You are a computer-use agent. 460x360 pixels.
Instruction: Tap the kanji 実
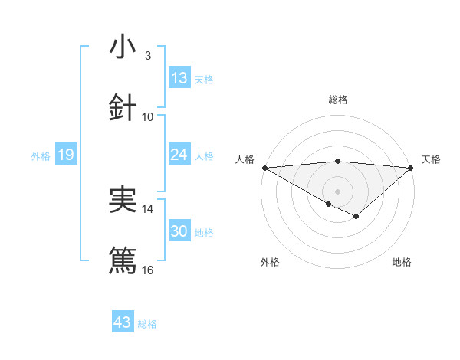pos(123,200)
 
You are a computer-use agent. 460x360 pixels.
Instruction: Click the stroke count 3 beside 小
pos(148,55)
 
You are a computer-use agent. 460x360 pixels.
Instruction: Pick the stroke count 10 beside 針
pos(148,116)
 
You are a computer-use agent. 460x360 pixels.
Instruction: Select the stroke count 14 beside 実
pos(148,208)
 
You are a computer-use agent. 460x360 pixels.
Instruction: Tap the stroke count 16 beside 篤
pos(148,270)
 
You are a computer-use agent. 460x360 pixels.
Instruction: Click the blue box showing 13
pos(179,77)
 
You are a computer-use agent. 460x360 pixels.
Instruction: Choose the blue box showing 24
pos(179,155)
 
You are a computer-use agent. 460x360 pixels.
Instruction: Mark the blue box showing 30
pos(179,231)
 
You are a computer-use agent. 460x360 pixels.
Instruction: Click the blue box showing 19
pos(65,155)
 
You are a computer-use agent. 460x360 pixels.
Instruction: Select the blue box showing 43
pos(123,322)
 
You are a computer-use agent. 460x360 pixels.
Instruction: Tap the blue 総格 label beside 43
pos(147,324)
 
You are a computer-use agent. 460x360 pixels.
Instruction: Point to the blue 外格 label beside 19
pos(41,155)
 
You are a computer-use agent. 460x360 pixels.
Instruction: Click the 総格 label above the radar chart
pos(338,100)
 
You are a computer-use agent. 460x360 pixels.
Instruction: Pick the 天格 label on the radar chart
pos(431,159)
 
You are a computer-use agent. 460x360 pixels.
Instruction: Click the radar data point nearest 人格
pos(264,168)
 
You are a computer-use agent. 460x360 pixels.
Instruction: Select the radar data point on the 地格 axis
pos(356,218)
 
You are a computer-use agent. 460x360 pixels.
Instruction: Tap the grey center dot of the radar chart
pos(338,191)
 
